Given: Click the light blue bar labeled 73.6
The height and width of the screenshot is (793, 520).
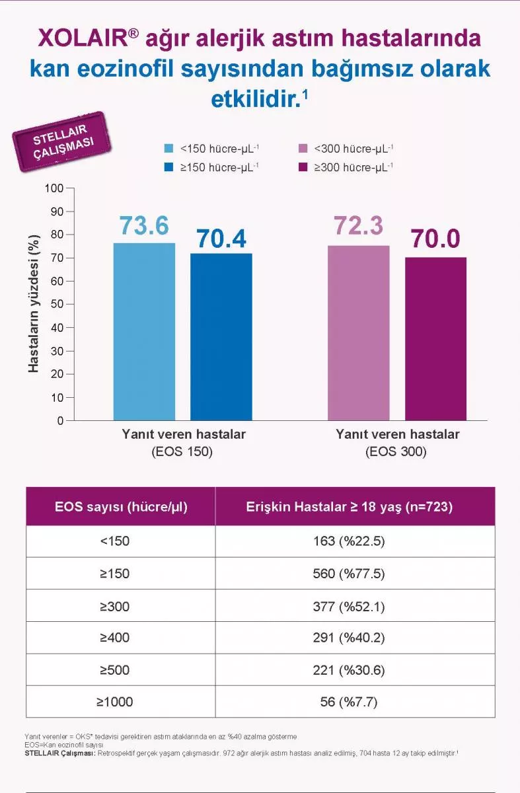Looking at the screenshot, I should (x=144, y=331).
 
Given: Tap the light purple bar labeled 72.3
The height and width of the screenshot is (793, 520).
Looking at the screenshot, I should (x=358, y=332).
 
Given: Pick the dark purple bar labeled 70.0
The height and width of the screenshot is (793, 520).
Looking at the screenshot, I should (x=435, y=338).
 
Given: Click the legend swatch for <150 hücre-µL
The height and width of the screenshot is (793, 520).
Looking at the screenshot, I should (x=169, y=149).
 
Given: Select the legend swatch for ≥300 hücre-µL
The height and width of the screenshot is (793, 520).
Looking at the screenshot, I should (x=305, y=167).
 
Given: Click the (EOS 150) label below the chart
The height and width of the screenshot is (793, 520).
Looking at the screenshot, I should (x=183, y=452).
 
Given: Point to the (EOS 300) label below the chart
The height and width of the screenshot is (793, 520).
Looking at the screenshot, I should (x=396, y=452).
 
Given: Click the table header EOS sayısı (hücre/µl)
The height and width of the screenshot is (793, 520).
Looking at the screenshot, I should (x=121, y=507).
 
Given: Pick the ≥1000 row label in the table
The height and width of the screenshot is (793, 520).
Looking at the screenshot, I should (x=115, y=702).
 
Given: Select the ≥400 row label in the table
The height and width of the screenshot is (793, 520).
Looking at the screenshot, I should (x=115, y=638).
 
